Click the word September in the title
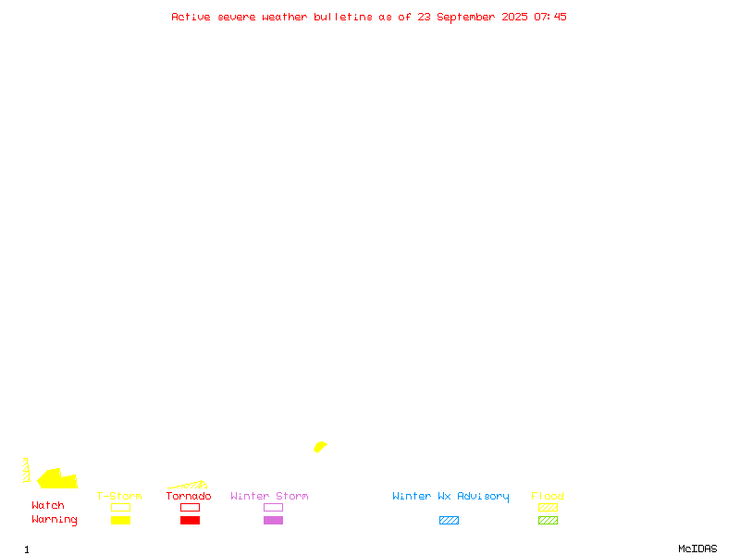[466, 18]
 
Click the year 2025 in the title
[514, 17]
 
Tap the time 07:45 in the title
[549, 17]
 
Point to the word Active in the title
[191, 17]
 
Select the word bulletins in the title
[343, 17]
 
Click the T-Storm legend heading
[119, 496]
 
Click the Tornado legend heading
[189, 496]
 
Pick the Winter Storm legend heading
[269, 496]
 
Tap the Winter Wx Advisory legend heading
[450, 497]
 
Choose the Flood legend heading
[548, 496]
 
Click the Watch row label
[48, 505]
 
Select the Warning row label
[55, 520]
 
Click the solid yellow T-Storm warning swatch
[121, 520]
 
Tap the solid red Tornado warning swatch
[191, 520]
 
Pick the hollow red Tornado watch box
[191, 503]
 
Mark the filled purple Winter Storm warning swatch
[273, 520]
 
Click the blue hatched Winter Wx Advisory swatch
[449, 520]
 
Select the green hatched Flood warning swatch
[548, 520]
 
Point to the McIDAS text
[697, 549]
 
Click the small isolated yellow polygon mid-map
[320, 447]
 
